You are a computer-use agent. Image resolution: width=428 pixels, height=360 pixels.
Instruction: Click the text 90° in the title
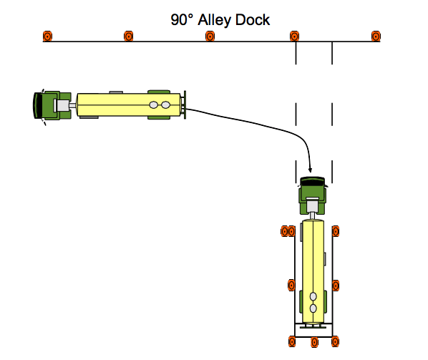pyautogui.click(x=180, y=19)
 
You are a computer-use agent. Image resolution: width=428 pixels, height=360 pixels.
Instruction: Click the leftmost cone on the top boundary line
pyautogui.click(x=47, y=36)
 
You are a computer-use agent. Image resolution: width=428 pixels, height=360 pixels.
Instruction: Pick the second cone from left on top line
pyautogui.click(x=129, y=36)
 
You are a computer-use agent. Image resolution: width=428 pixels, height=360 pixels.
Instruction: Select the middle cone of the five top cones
pyautogui.click(x=210, y=36)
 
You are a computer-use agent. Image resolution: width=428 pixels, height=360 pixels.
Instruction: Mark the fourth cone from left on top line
pyautogui.click(x=293, y=36)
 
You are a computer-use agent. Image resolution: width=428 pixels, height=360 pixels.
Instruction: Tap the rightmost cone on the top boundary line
pyautogui.click(x=375, y=36)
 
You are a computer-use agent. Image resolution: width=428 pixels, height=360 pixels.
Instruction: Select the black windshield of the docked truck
pyautogui.click(x=313, y=181)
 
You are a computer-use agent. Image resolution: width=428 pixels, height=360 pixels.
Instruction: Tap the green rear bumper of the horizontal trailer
pyautogui.click(x=185, y=106)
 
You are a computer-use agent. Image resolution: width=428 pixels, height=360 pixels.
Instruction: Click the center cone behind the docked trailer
pyautogui.click(x=313, y=341)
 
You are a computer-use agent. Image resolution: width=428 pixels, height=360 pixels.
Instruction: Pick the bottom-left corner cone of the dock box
pyautogui.click(x=291, y=341)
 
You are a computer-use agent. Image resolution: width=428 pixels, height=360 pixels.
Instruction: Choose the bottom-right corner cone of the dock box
pyautogui.click(x=336, y=341)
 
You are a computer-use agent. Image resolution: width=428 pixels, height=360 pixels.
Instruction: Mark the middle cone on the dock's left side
pyautogui.click(x=291, y=285)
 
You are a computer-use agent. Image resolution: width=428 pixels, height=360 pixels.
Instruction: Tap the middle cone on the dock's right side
pyautogui.click(x=336, y=285)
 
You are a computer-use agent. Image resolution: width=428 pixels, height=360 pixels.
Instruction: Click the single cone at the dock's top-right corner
pyautogui.click(x=336, y=230)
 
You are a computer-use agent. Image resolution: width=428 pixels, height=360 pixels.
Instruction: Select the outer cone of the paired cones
pyautogui.click(x=284, y=230)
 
